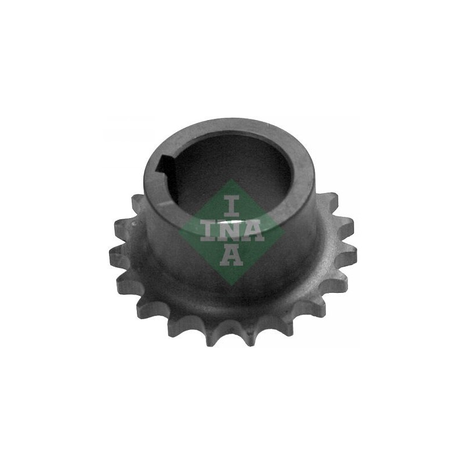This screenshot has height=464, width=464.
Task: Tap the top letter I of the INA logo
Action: point(231,205)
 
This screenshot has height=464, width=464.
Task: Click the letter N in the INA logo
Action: point(231,230)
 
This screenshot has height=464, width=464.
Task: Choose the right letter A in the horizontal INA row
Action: point(253,230)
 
